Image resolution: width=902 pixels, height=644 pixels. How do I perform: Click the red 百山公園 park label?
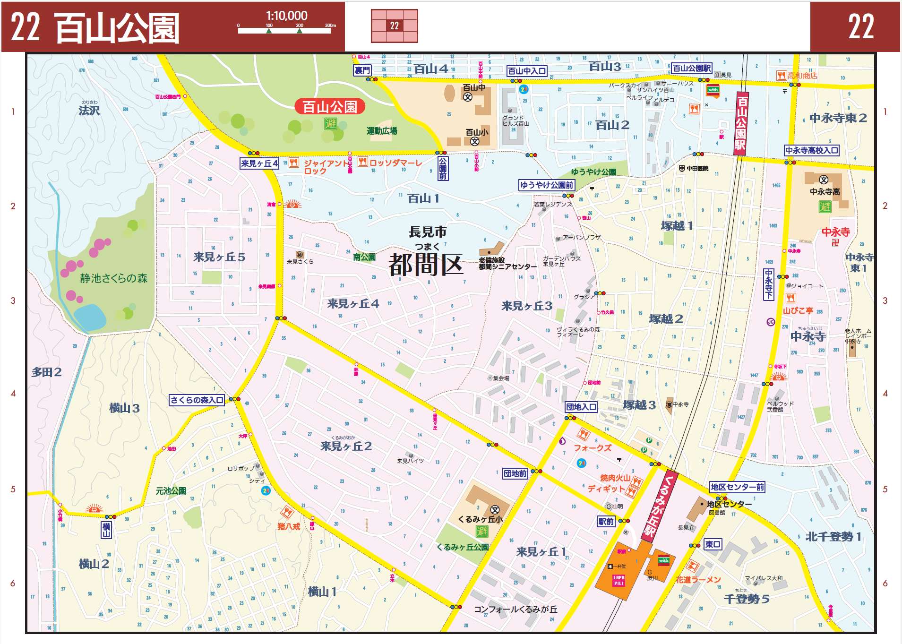[329, 107]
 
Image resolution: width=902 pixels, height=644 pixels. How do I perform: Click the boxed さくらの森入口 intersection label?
[197, 400]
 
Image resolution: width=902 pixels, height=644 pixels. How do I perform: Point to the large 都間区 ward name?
[425, 265]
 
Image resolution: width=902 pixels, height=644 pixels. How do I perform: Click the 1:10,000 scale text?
[286, 16]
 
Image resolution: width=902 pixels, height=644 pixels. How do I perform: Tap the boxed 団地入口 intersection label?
[581, 407]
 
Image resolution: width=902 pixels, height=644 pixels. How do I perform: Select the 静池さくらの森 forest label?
[113, 278]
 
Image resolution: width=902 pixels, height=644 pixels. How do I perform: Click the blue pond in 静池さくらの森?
[89, 317]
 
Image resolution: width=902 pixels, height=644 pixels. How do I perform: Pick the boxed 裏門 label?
[362, 70]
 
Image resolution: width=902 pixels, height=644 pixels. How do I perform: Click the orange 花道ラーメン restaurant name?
[698, 580]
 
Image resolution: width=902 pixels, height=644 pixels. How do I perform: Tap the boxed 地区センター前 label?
[737, 487]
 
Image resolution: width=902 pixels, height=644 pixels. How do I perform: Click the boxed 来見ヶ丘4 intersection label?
[259, 163]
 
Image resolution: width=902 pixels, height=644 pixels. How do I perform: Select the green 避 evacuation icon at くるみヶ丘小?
[481, 531]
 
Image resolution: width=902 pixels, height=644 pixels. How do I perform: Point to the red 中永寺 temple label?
[835, 232]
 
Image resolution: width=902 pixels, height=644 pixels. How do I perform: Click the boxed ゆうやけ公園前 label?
[546, 185]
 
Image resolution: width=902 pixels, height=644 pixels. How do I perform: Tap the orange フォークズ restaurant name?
[592, 448]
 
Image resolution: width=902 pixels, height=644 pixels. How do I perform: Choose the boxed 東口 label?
[713, 544]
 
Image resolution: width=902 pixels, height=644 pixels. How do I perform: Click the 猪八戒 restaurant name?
[288, 526]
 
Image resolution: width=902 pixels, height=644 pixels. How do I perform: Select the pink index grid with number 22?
[394, 26]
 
